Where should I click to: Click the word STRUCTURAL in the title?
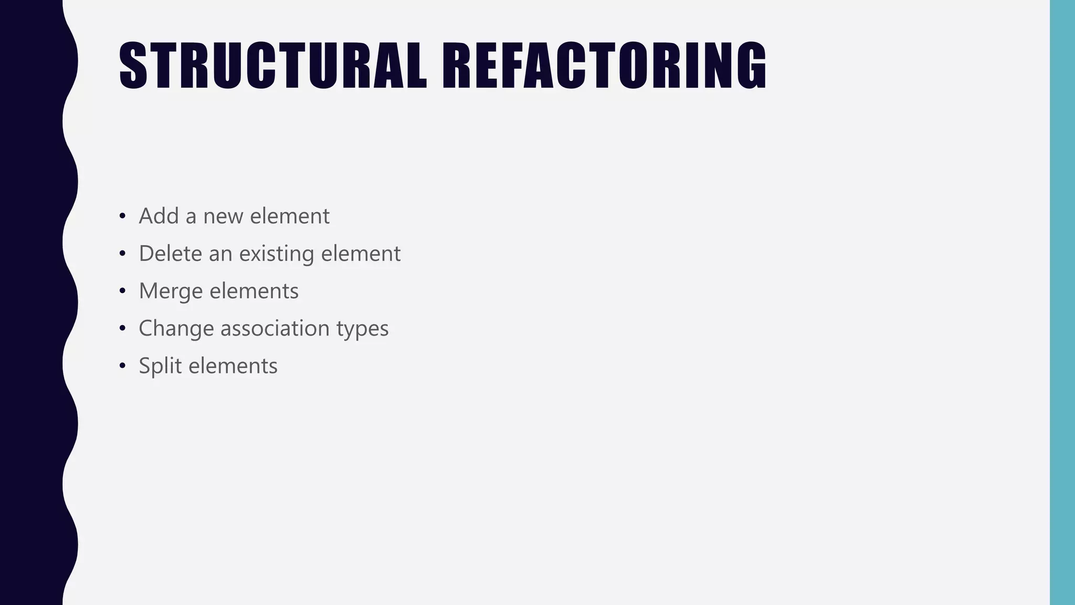pos(273,66)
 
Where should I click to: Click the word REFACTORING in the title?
pos(604,66)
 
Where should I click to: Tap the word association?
pos(275,329)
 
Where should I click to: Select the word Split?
pos(160,366)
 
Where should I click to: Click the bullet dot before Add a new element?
pos(122,216)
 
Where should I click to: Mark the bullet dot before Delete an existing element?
pos(122,254)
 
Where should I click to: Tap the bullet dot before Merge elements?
pos(122,291)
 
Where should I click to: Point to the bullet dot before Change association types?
pos(122,329)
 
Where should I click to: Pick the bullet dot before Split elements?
pos(122,366)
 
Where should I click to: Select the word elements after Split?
pos(233,366)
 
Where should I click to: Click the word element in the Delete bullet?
pos(361,254)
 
